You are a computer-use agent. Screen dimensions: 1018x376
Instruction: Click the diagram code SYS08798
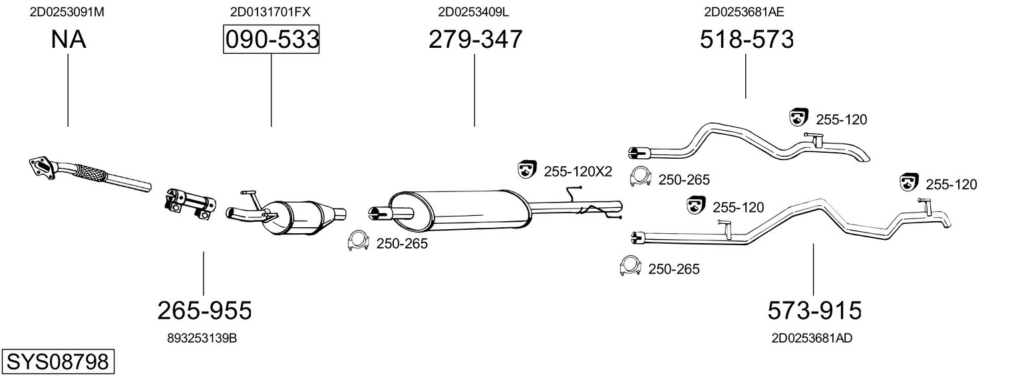tap(58, 362)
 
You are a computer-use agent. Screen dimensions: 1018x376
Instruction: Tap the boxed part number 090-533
tap(271, 40)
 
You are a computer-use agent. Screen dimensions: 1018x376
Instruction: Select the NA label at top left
tap(68, 40)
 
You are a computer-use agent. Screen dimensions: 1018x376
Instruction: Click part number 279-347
tap(475, 40)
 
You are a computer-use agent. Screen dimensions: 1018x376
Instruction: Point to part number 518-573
tap(747, 40)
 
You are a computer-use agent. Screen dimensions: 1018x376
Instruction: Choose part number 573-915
tap(814, 310)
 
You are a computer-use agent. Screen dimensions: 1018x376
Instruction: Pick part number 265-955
tap(204, 310)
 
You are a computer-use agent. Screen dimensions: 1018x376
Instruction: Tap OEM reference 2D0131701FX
tap(270, 12)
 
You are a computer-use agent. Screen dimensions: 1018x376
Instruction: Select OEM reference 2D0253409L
tap(474, 12)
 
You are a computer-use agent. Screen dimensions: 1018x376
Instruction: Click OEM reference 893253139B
tap(202, 338)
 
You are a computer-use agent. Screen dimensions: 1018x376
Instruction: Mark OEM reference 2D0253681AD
tap(812, 338)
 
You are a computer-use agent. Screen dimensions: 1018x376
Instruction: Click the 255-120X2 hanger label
tap(578, 171)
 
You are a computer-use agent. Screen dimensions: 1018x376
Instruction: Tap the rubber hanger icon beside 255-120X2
tap(527, 170)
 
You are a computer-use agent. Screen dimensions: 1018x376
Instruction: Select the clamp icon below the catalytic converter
tap(359, 242)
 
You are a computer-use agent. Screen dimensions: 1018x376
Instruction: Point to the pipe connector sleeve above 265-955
tap(190, 201)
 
